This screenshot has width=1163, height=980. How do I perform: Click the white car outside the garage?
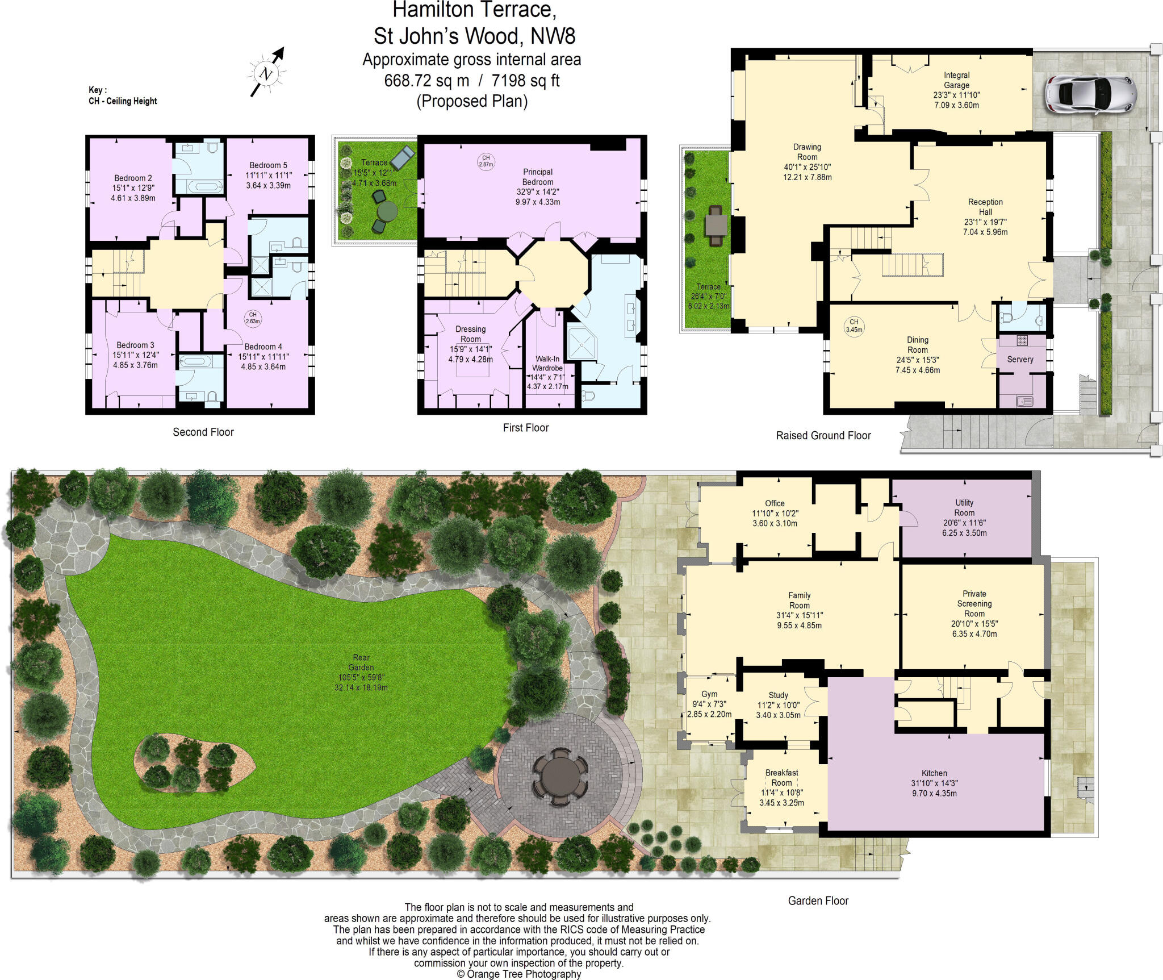click(x=1090, y=92)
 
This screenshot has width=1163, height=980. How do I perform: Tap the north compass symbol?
click(x=266, y=73)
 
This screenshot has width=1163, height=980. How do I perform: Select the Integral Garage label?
click(x=957, y=80)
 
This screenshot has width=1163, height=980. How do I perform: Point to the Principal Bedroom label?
click(x=538, y=177)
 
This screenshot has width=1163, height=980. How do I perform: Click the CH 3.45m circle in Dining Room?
click(x=854, y=326)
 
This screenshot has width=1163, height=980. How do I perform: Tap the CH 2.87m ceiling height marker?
click(x=486, y=161)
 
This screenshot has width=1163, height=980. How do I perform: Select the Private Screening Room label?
click(x=974, y=603)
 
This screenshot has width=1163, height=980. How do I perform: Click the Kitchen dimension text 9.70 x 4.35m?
click(x=934, y=793)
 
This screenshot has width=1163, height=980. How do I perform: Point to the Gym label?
click(x=709, y=694)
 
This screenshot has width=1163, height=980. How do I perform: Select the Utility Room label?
click(x=964, y=507)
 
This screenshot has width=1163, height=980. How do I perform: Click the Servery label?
click(x=1020, y=359)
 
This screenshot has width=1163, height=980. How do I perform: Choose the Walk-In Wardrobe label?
click(x=547, y=364)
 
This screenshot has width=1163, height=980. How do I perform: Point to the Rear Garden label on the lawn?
click(x=361, y=662)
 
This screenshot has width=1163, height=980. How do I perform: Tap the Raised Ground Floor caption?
click(x=823, y=435)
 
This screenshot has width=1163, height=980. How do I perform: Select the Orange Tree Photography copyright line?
click(x=518, y=974)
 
